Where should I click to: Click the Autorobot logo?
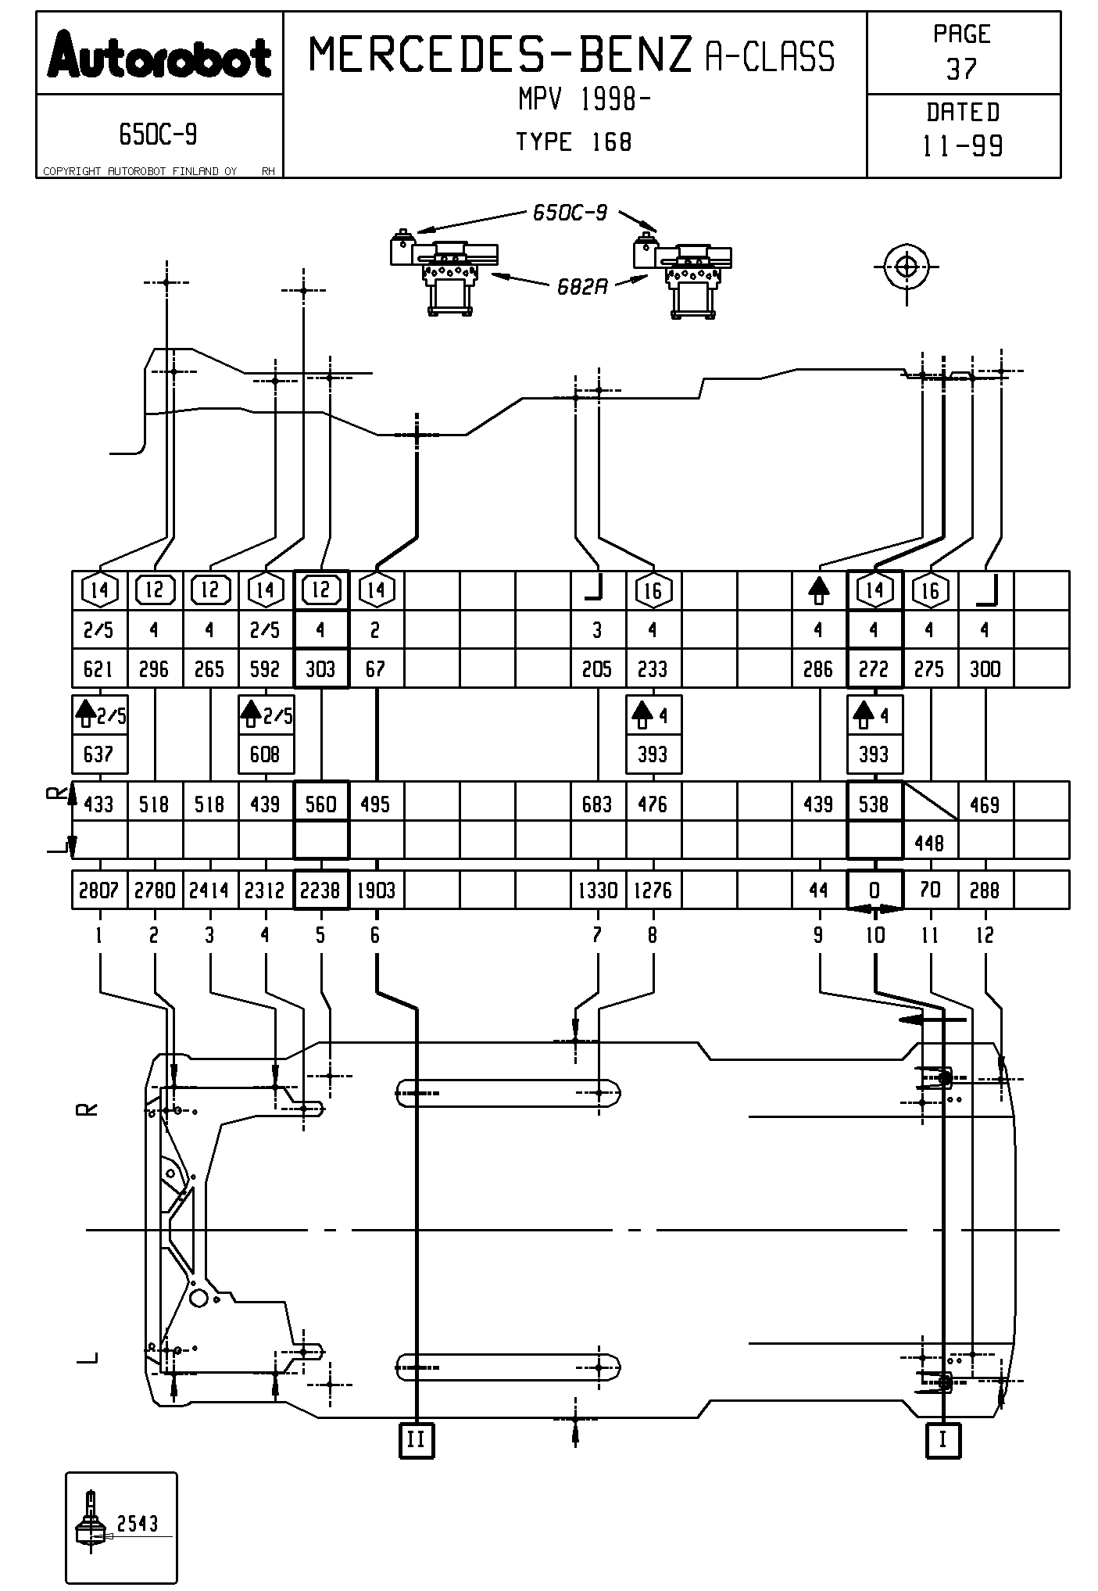pos(159,56)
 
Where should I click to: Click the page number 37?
pos(962,69)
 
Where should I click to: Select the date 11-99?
pos(963,145)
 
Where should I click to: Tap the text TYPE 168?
pos(574,142)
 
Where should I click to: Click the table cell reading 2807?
pos(98,890)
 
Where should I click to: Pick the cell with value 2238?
pos(320,890)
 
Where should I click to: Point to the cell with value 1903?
pos(376,890)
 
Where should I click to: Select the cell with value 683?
pos(597,804)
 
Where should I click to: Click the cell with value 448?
pos(929,843)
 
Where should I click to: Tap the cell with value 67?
pos(376,668)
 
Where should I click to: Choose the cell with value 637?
pos(98,754)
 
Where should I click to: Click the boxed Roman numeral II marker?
pos(416,1439)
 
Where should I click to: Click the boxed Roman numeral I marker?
pos(942,1439)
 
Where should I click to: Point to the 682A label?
pos(582,287)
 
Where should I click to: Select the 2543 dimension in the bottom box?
pos(138,1523)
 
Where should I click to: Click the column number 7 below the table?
pos(597,935)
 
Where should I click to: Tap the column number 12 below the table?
pos(985,935)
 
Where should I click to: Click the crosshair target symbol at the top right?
pos(907,267)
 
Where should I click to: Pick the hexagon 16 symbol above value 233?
pos(653,590)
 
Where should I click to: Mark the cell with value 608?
pos(265,754)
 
